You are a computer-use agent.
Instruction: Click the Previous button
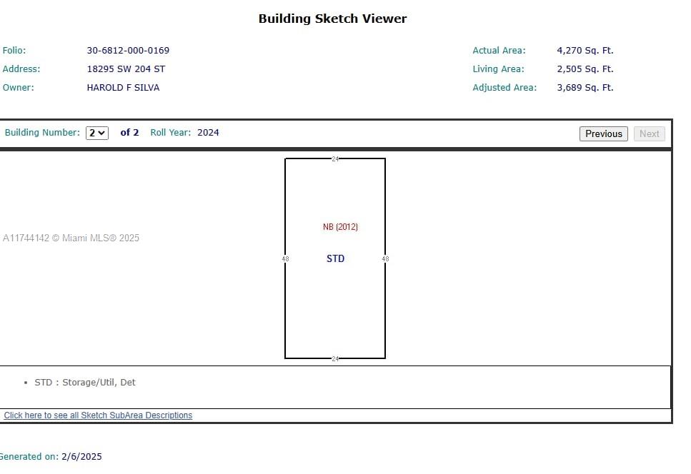pos(603,133)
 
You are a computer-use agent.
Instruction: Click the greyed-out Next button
pos(649,133)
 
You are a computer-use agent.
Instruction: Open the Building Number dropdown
pos(97,133)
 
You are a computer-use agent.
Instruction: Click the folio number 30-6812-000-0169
pos(128,51)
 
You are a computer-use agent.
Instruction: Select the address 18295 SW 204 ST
pos(126,69)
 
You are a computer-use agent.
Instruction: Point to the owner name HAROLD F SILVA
pos(123,88)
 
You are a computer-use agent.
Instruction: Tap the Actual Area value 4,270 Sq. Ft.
pos(585,51)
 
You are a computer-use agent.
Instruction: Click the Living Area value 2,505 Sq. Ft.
pos(585,69)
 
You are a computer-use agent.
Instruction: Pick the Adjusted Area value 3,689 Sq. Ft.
pos(585,88)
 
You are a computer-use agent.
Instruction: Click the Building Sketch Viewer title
pos(333,19)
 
